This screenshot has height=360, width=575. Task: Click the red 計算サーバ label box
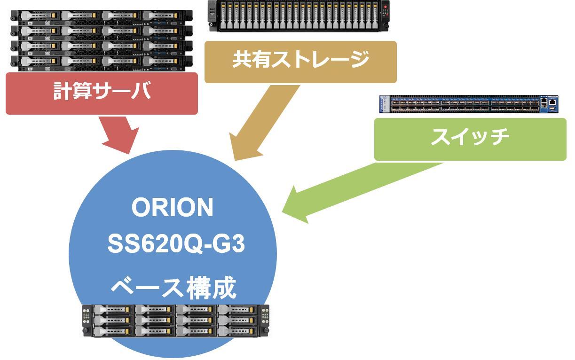pos(102,93)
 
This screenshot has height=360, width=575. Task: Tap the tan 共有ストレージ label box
pos(300,62)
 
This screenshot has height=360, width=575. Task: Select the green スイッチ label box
pos(470,139)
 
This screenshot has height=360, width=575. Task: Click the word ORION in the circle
pos(173,208)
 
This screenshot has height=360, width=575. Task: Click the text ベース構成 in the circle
pos(173,287)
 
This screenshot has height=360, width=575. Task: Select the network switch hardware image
pos(469,104)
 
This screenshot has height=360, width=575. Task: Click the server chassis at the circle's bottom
pos(175,321)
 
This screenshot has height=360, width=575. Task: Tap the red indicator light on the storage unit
pos(385,8)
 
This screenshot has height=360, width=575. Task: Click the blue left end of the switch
pos(384,104)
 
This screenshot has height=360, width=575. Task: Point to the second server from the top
pos(102,31)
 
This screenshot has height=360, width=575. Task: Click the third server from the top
pos(102,47)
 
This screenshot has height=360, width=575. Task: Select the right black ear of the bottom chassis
pos(265,321)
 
